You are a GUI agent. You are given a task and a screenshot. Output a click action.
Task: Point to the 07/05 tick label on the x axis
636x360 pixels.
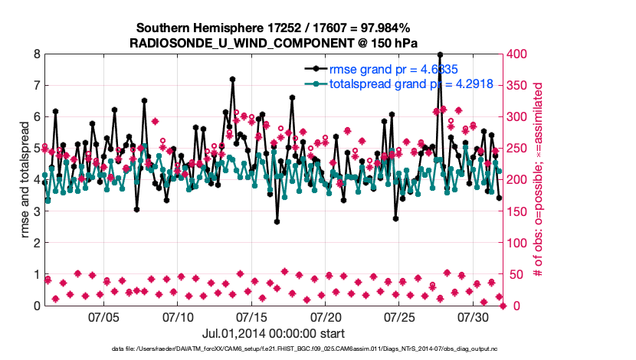coord(104,316)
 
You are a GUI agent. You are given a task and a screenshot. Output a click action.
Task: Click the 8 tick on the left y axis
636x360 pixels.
coord(36,54)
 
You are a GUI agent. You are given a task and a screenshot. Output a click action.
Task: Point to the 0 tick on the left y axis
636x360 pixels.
coord(36,306)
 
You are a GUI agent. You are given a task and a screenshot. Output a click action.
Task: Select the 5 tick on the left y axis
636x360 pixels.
coord(36,149)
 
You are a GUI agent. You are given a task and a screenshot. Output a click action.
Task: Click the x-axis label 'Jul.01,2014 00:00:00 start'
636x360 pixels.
coord(274,333)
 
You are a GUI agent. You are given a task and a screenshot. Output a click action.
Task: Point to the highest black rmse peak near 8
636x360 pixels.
coord(440,55)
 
